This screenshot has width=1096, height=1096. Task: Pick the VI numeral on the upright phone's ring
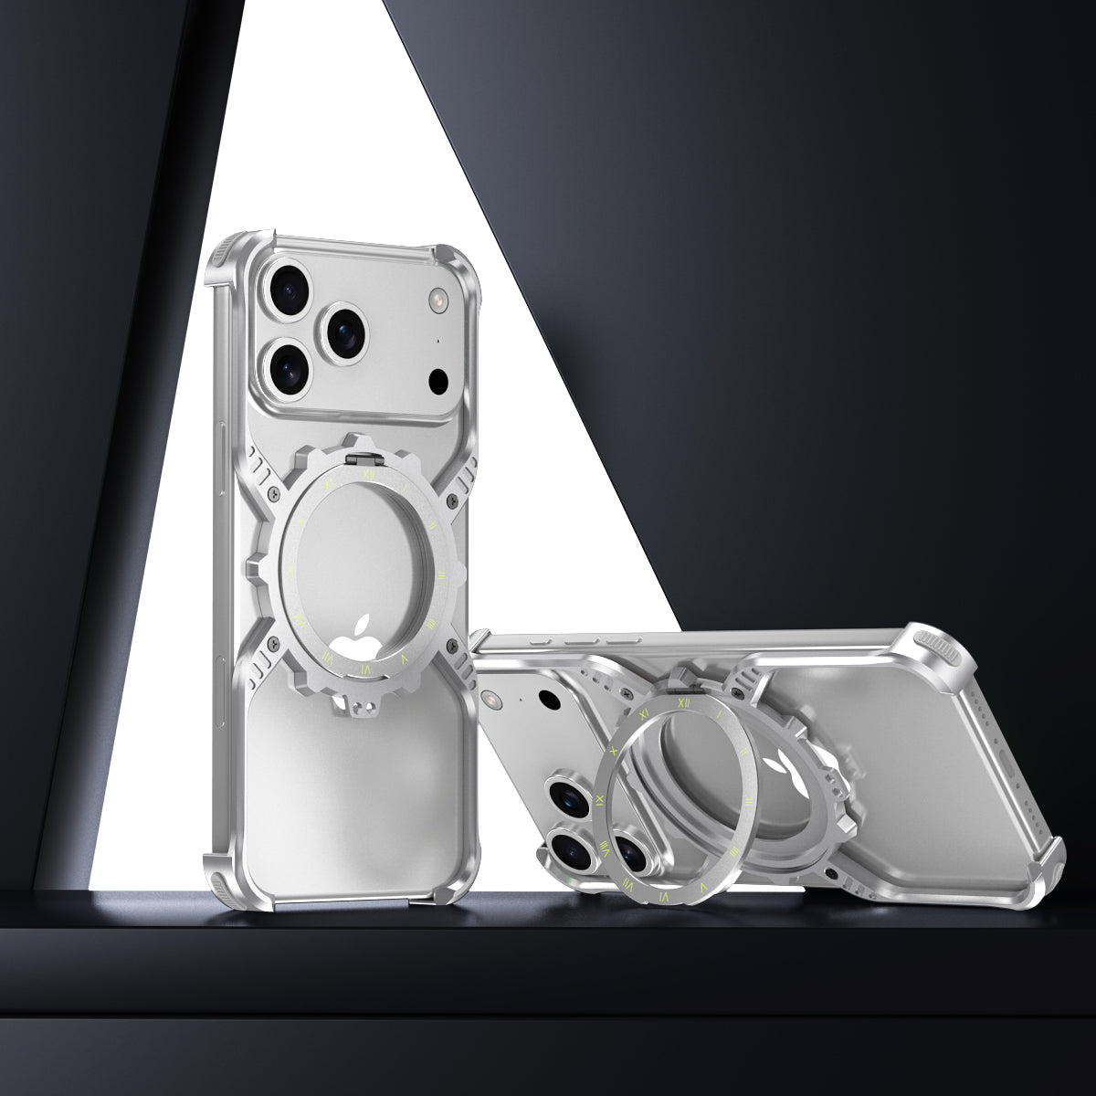tap(367, 669)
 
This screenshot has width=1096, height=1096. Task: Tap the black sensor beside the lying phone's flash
tap(549, 701)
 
